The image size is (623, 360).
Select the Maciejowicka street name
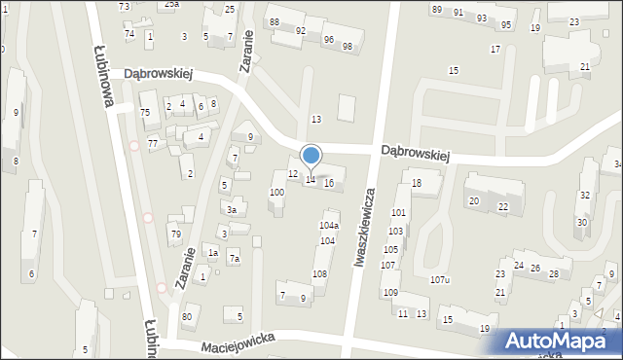(238, 342)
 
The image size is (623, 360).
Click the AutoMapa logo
(561, 342)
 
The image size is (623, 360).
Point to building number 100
(277, 193)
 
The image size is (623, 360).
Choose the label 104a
(329, 225)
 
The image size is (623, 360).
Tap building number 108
(319, 274)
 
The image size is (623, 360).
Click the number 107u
(440, 280)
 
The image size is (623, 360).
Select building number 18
(417, 183)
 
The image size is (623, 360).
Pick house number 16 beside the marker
(329, 183)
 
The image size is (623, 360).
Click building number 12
(293, 173)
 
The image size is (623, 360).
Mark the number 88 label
(274, 21)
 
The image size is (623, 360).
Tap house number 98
(348, 47)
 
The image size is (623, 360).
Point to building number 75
(145, 112)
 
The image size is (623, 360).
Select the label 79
(175, 234)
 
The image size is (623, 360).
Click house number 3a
(232, 209)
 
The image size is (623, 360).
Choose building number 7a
(234, 259)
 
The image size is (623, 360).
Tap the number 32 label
(584, 195)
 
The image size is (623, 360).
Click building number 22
(503, 206)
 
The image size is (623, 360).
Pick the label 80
(186, 317)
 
